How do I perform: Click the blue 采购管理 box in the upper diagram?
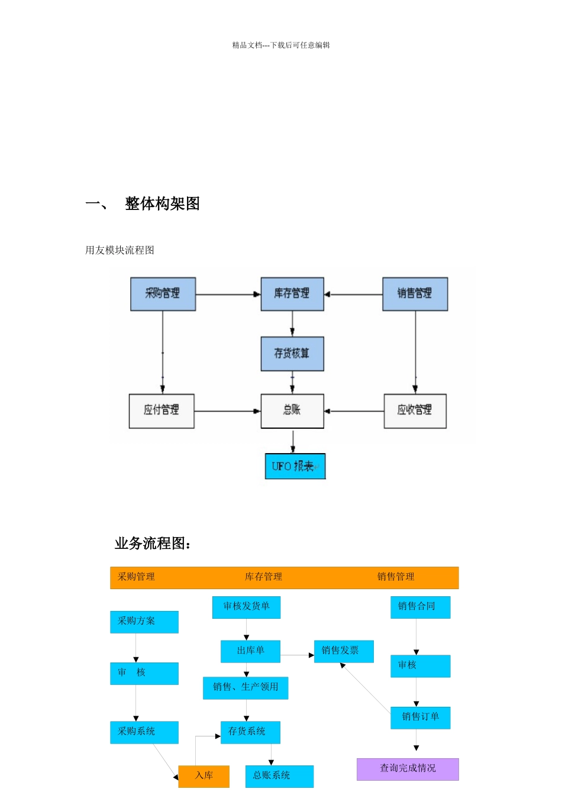point(163,294)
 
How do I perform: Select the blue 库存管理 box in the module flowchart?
point(292,294)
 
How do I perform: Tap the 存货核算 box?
point(292,354)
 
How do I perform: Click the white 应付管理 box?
point(162,411)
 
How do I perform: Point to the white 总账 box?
point(292,411)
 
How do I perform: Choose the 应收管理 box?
point(415,411)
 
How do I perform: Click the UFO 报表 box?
point(295,466)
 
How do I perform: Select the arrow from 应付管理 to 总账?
point(228,411)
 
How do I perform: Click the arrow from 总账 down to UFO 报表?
point(293,441)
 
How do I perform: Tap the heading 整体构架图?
point(162,203)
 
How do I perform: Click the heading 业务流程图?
point(153,543)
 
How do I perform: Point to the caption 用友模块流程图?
point(119,250)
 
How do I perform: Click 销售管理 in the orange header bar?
point(396,577)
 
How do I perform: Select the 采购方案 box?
point(144,622)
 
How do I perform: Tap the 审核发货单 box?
point(246,607)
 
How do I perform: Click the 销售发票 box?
point(343,651)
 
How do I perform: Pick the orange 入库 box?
point(204,776)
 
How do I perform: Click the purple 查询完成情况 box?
point(408,769)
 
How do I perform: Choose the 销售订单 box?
point(420,718)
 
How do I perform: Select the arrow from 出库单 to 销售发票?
point(297,655)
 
